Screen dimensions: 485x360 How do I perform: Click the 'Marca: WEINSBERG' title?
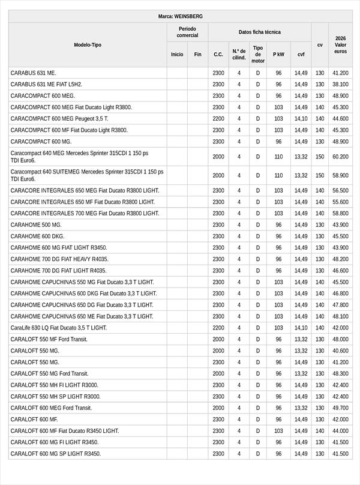[x=180, y=16]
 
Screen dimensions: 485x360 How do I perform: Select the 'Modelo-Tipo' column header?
[x=88, y=45]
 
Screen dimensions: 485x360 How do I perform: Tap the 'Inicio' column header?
[x=177, y=54]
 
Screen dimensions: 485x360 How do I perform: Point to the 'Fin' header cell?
[x=197, y=54]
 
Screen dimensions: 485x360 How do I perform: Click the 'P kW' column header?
[x=278, y=54]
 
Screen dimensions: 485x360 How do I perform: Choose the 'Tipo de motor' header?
[x=258, y=54]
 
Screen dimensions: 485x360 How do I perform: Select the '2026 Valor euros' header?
[x=340, y=45]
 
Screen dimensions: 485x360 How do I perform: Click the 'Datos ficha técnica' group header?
[x=259, y=32]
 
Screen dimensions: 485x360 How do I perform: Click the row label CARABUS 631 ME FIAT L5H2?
[x=46, y=85]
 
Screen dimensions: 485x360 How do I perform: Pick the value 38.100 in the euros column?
[x=340, y=85]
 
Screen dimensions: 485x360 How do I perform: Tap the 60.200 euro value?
[x=340, y=157]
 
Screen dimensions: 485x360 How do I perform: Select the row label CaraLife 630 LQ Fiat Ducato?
[x=58, y=328]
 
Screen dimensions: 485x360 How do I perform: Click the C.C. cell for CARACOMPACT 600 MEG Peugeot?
[x=218, y=119]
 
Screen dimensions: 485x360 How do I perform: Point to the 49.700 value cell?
[x=340, y=408]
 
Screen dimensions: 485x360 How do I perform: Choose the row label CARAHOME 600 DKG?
[x=37, y=236]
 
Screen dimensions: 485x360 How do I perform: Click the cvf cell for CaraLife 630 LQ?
[x=301, y=328]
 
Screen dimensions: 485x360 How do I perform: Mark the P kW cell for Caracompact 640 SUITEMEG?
[x=278, y=175]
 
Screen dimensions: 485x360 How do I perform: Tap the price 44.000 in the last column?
[x=340, y=430]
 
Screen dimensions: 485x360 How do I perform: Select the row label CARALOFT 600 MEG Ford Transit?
[x=51, y=408]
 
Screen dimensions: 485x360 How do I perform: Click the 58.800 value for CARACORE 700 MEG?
[x=340, y=213]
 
